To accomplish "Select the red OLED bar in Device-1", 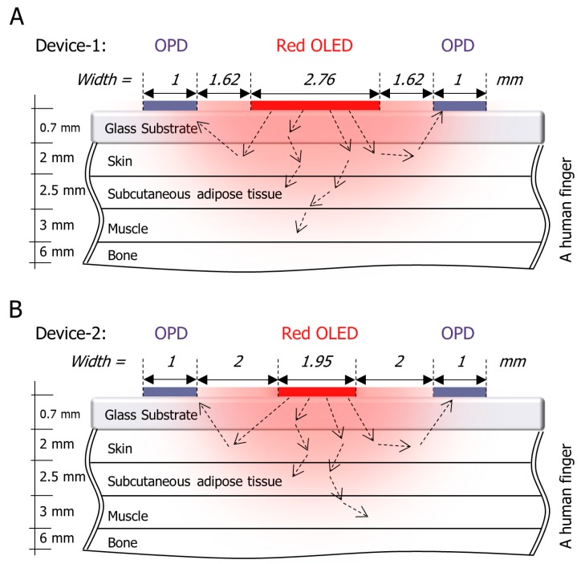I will pyautogui.click(x=315, y=105).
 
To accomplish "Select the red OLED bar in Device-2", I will pyautogui.click(x=316, y=392).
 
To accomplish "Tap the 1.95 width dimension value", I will pyautogui.click(x=316, y=368).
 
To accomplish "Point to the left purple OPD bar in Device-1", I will pyautogui.click(x=169, y=105).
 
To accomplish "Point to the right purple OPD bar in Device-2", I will pyautogui.click(x=459, y=392).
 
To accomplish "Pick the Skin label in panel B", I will pyautogui.click(x=121, y=450).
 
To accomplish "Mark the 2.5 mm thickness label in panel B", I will pyautogui.click(x=63, y=477).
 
